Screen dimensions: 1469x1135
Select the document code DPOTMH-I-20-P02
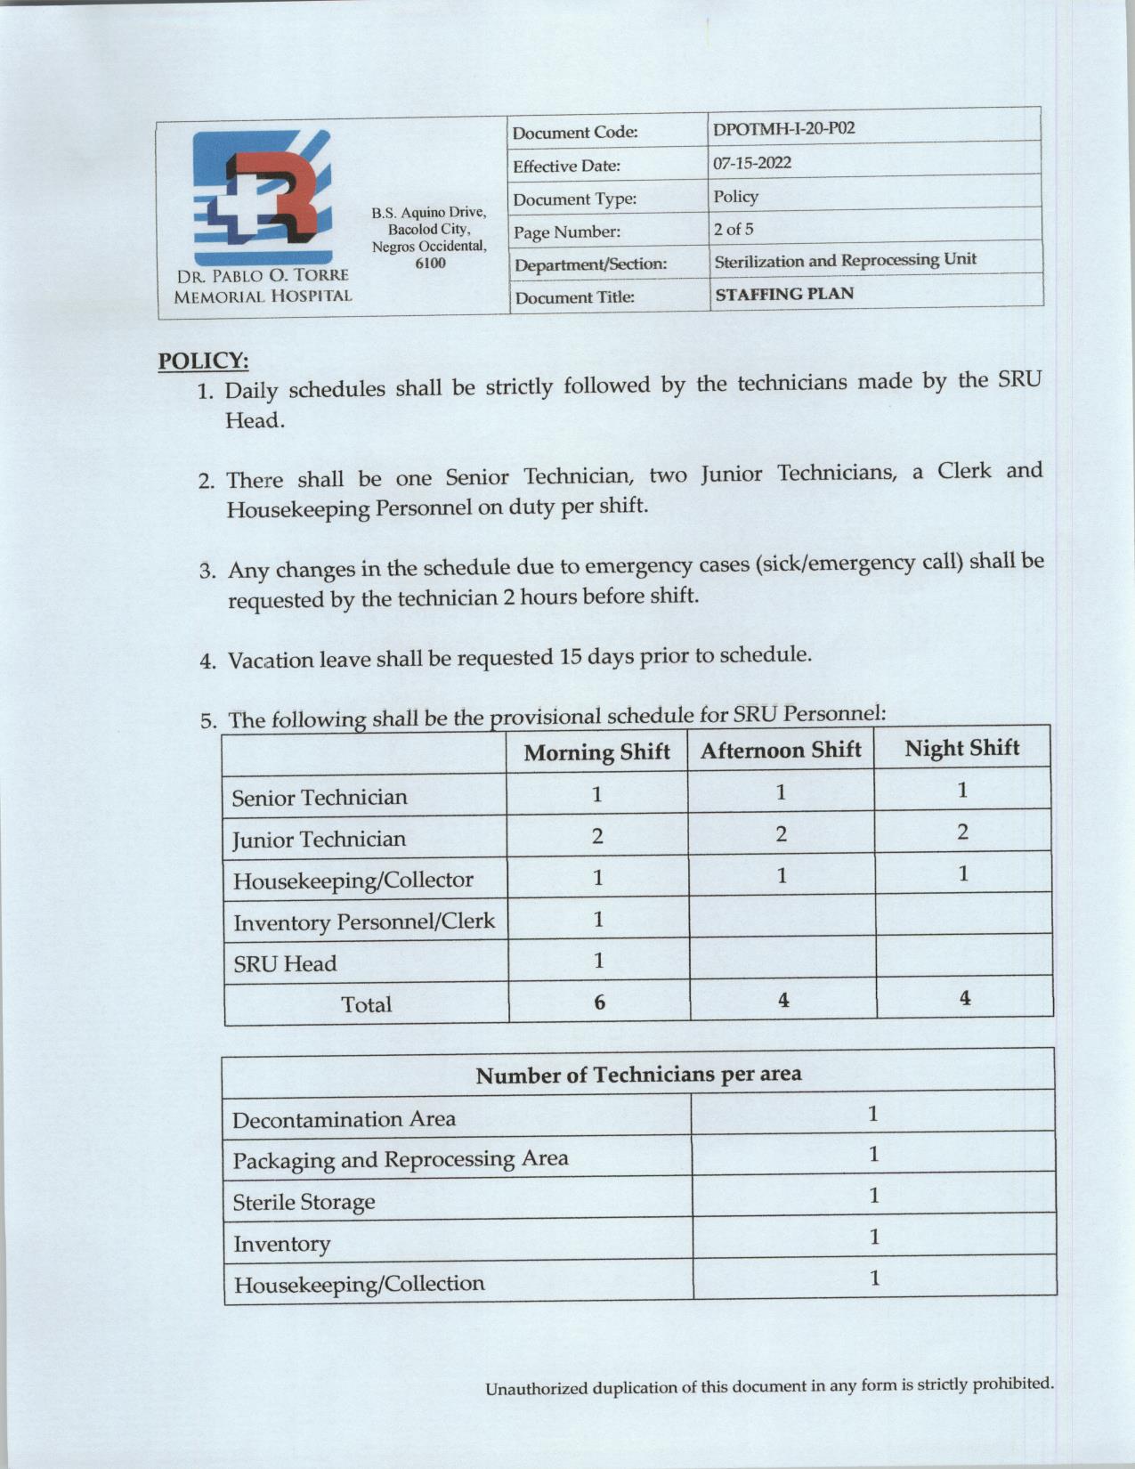point(783,128)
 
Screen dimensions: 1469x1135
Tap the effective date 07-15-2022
point(751,163)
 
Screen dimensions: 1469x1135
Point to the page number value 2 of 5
point(733,229)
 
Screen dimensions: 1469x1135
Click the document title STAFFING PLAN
point(784,294)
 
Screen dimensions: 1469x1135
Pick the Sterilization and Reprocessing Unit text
point(845,260)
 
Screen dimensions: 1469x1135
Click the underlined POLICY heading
point(203,361)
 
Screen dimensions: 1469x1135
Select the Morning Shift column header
point(596,752)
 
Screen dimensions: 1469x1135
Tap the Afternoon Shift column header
point(781,751)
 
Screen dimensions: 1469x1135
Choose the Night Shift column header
point(961,748)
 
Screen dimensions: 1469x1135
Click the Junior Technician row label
point(319,839)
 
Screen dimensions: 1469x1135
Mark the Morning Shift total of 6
point(599,1002)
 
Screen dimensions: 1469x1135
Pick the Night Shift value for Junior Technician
point(962,832)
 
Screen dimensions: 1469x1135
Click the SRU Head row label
point(285,963)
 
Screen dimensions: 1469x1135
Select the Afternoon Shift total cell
point(782,1001)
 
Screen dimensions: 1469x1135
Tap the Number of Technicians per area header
point(638,1075)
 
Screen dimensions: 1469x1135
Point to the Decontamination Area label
point(344,1119)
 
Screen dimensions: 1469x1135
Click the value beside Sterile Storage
point(873,1195)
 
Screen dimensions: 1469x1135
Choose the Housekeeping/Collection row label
point(359,1284)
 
